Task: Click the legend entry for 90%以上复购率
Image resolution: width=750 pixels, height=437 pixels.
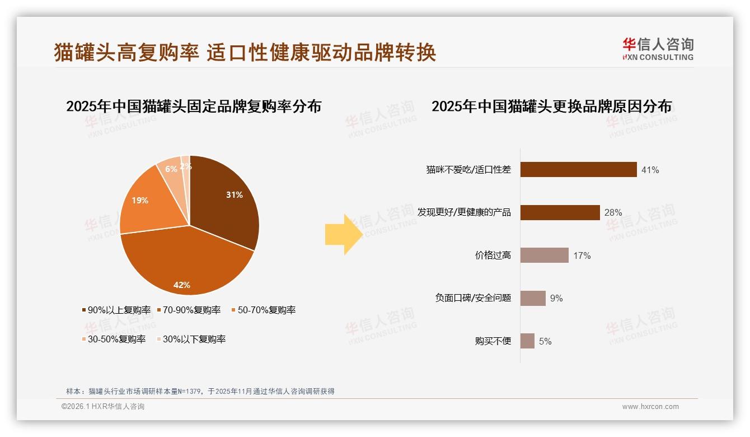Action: [116, 310]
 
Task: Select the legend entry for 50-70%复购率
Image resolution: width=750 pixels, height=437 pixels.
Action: [264, 310]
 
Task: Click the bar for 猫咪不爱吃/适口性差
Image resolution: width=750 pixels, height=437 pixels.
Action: [578, 169]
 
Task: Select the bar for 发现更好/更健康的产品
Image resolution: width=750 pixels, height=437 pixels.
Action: [560, 212]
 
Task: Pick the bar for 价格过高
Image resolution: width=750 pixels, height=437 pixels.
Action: [544, 255]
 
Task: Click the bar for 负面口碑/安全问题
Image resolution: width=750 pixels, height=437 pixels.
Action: [533, 298]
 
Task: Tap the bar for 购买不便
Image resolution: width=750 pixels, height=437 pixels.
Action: [527, 341]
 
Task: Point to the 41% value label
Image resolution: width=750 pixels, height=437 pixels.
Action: [650, 170]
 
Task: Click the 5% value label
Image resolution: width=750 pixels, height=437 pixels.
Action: [545, 341]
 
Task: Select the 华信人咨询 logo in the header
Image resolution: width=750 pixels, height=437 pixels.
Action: [658, 49]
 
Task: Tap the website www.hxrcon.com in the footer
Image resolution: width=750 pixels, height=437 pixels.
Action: [650, 407]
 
